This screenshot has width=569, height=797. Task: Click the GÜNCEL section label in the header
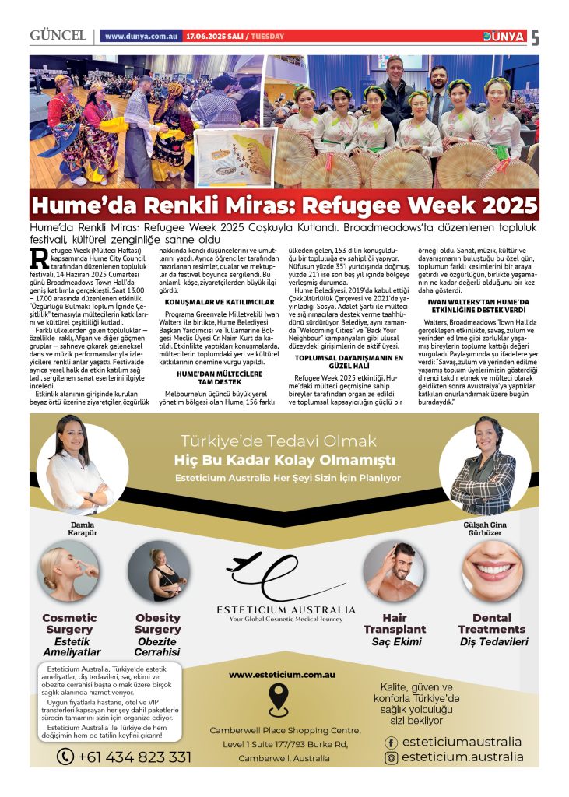coord(58,37)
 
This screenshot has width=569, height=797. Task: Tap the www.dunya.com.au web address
coord(141,37)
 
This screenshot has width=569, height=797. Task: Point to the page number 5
coord(535,37)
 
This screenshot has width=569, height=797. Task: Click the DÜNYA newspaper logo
coord(504,37)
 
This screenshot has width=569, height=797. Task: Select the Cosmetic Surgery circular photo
coord(69,572)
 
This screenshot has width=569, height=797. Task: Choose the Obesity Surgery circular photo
coord(158,572)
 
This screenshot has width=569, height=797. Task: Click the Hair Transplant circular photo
coord(394,572)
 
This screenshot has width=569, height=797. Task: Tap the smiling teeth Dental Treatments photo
coord(491,573)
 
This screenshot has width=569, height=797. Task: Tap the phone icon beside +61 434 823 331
coord(65,756)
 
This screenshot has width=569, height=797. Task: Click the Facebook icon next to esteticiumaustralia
coord(392,743)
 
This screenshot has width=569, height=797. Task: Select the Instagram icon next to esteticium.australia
coord(392,757)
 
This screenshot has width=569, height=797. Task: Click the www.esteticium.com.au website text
coord(283,674)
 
